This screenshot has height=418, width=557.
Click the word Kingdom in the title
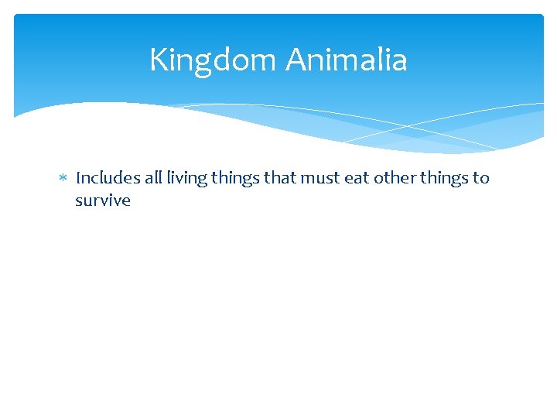[214, 60]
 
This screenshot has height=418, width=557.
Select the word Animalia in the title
[347, 60]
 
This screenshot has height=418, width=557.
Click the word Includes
[108, 178]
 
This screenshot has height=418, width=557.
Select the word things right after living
[236, 179]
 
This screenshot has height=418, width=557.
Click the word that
[280, 178]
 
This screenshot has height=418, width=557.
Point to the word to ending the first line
[482, 178]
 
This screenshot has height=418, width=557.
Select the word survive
[103, 201]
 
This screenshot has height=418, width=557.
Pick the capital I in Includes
[78, 178]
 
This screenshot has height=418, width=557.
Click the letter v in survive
[111, 201]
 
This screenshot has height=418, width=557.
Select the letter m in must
[308, 179]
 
